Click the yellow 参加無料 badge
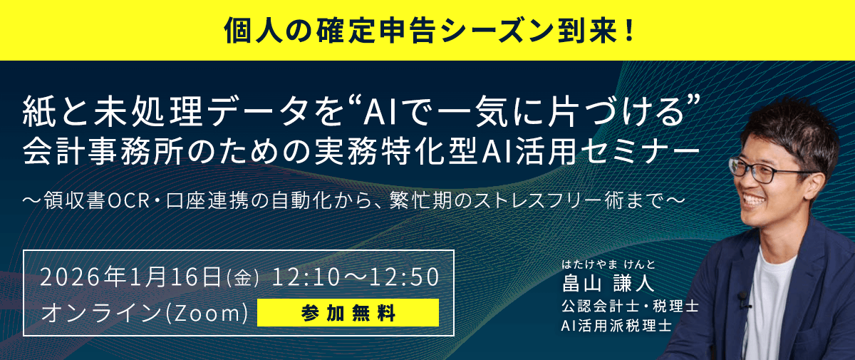pyautogui.click(x=348, y=312)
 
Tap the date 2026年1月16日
pyautogui.click(x=132, y=277)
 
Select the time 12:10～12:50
pyautogui.click(x=356, y=277)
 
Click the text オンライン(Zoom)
pyautogui.click(x=145, y=313)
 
